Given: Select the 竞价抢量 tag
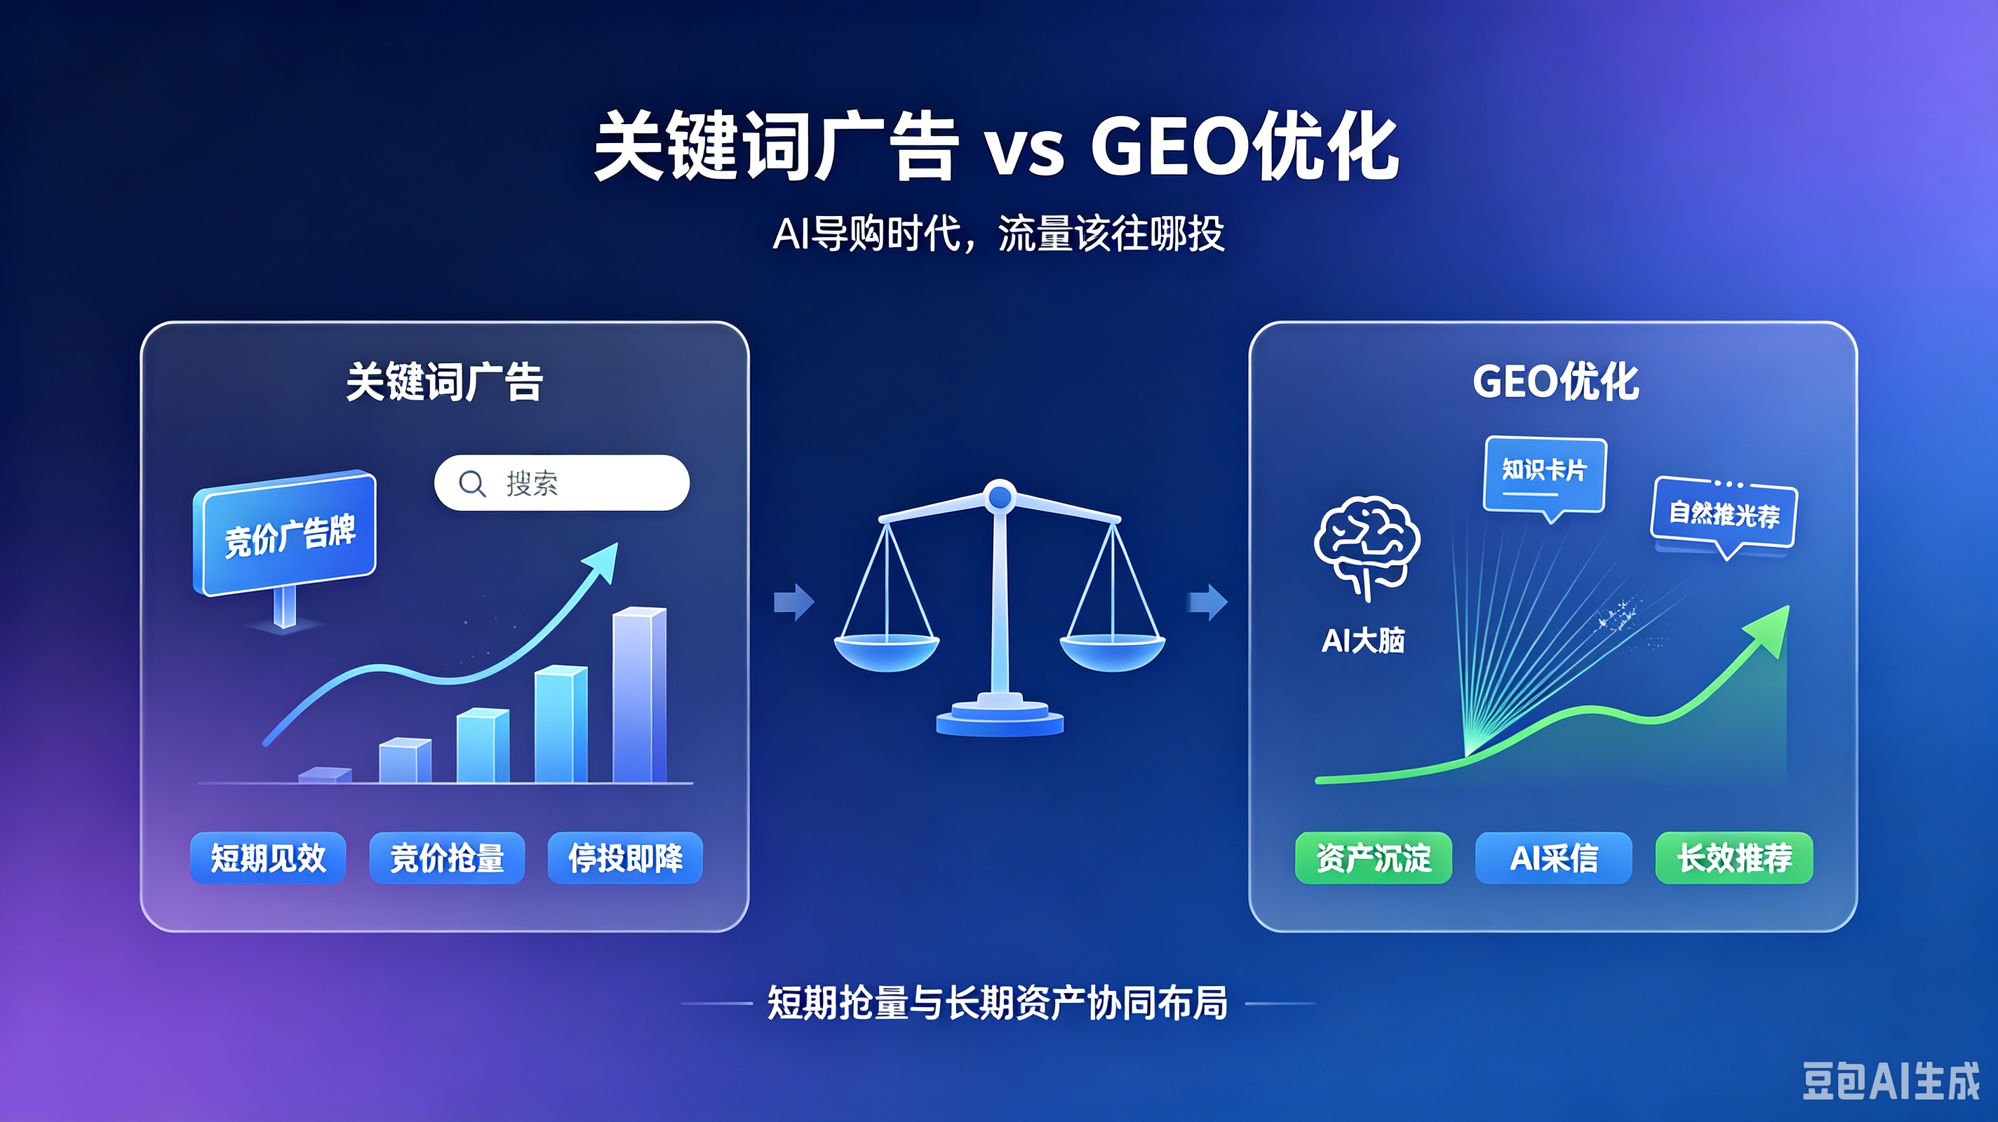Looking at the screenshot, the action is pos(447,858).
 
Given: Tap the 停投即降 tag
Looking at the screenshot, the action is pos(625,858).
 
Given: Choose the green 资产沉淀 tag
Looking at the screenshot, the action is pos(1374,858).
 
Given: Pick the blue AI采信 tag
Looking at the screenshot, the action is pos(1553,858).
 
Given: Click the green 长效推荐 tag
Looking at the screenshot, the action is pos(1734,858).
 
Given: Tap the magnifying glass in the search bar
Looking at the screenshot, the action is pos(472,484).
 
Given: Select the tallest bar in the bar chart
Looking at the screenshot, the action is pos(639,695).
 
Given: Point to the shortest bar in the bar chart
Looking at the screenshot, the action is pos(325,775).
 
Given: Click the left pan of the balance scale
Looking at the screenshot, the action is pos(887,652).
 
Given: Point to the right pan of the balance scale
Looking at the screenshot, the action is pos(1112,652).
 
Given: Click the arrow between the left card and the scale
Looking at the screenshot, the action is pos(794,602).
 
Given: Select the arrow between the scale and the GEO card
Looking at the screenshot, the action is pos(1207,602).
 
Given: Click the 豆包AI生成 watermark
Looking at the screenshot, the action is pos(1891,1081).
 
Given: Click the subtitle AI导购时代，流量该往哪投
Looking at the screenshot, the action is pos(999,234).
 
